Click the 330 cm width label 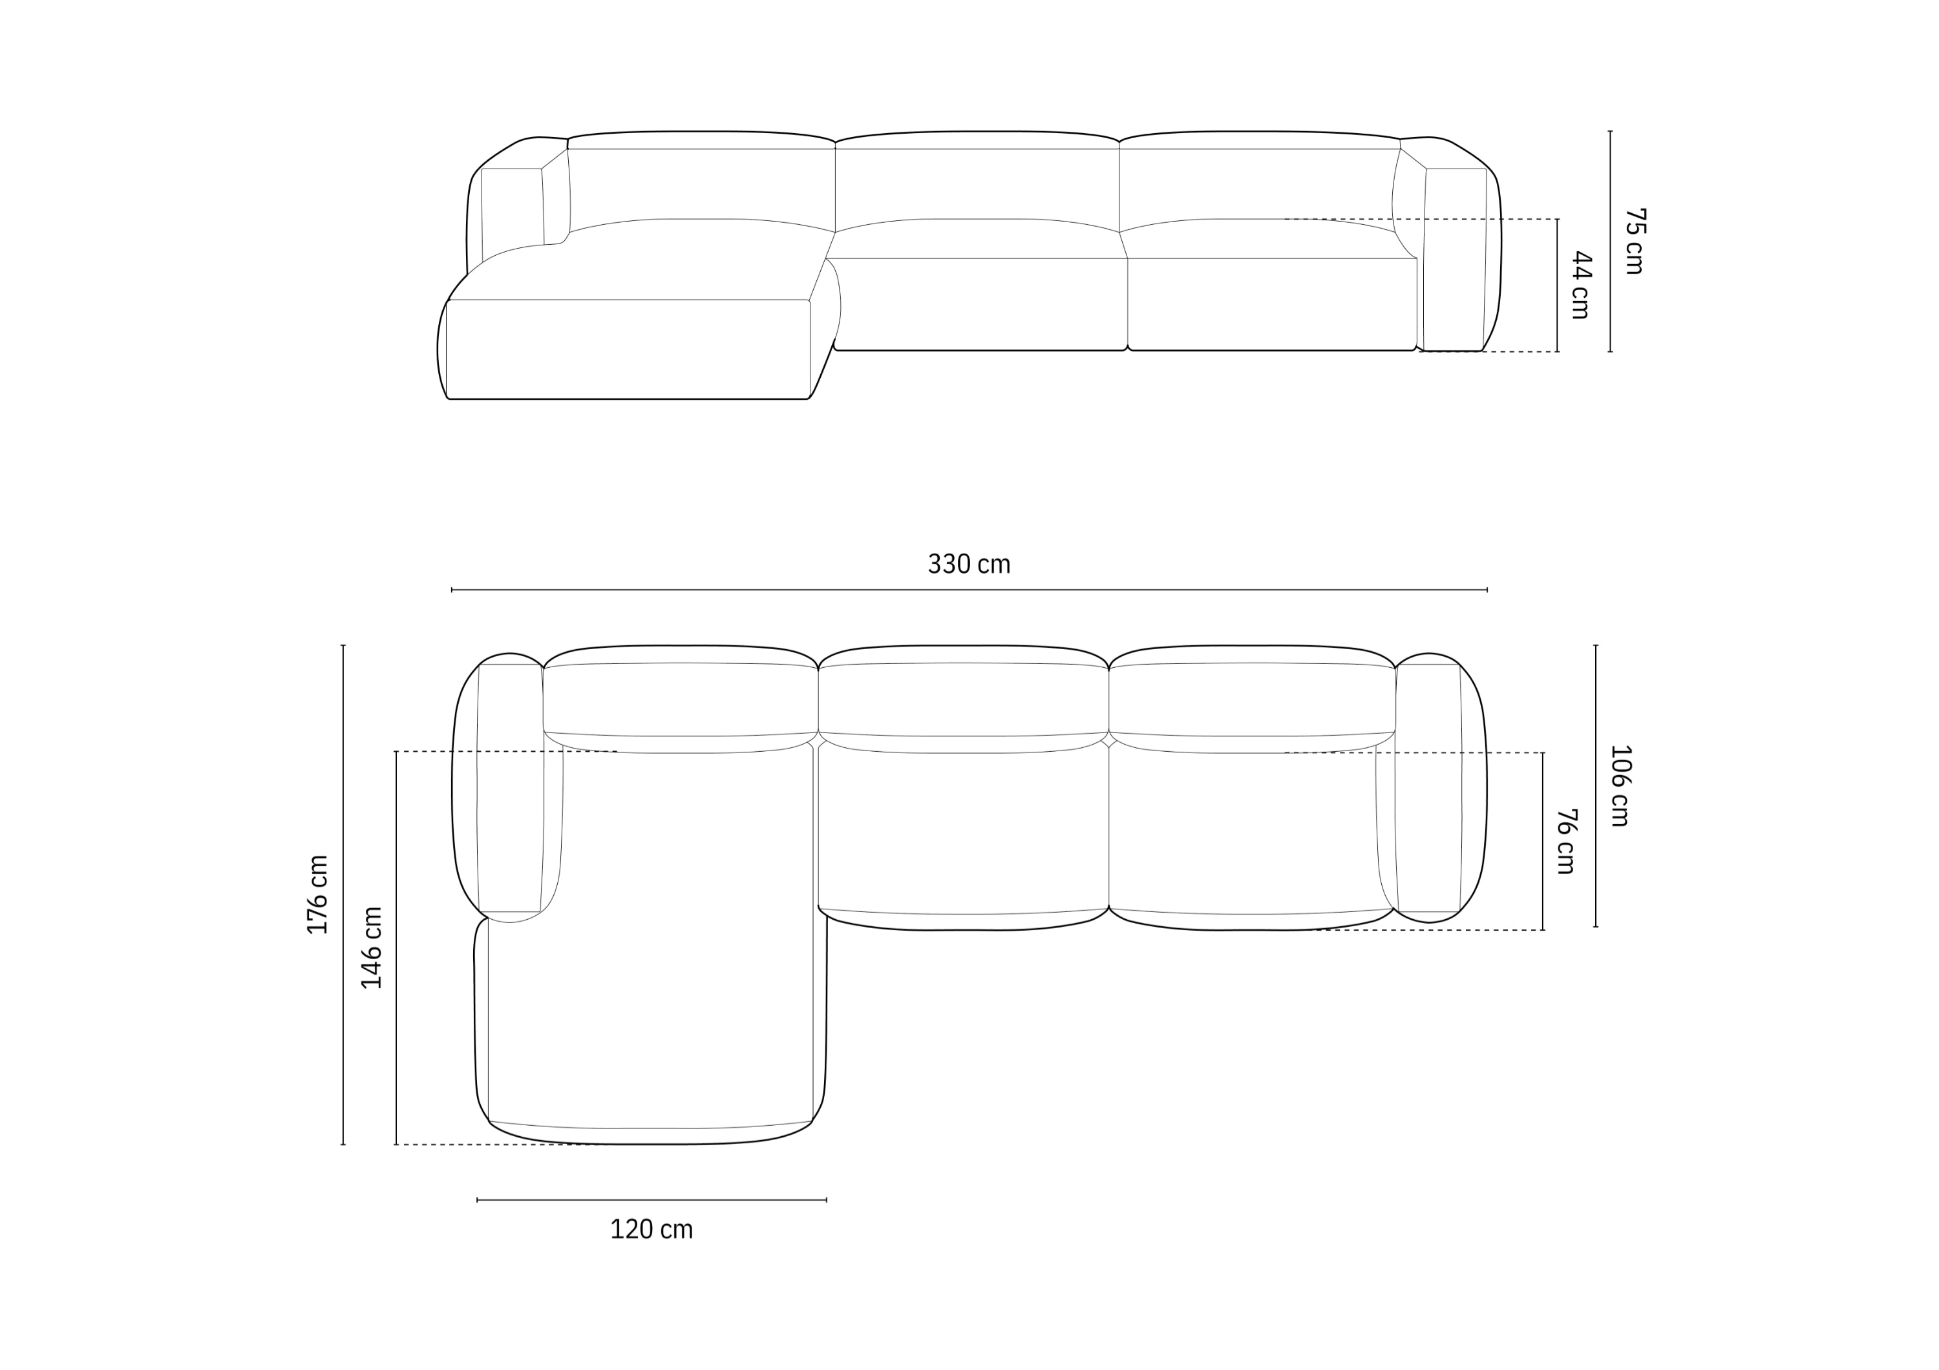coord(969,564)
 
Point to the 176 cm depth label coord(317,895)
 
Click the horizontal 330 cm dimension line coord(969,590)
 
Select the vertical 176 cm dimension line coord(343,895)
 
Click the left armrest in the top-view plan coord(510,789)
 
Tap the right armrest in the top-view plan coord(1429,789)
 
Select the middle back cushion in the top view coord(963,699)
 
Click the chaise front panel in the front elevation coord(628,349)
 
